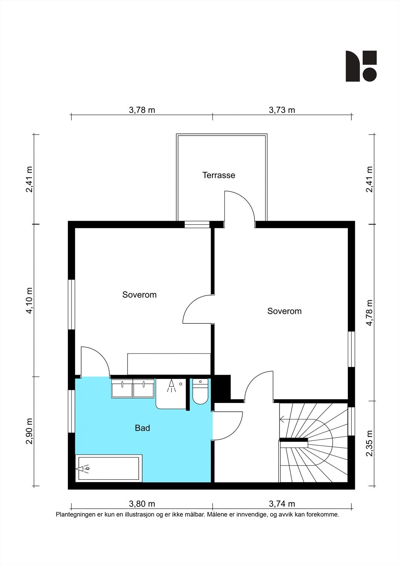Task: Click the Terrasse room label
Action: click(x=219, y=175)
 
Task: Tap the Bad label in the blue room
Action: click(x=143, y=428)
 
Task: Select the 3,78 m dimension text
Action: click(x=142, y=110)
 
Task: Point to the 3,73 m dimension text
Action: click(x=282, y=110)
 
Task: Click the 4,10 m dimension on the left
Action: click(x=30, y=301)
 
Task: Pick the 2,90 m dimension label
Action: click(x=30, y=431)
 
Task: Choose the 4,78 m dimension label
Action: click(x=369, y=313)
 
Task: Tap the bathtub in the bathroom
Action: click(x=109, y=468)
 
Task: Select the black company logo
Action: click(x=361, y=66)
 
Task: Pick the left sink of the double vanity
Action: click(x=122, y=388)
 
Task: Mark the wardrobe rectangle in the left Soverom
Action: click(x=169, y=364)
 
